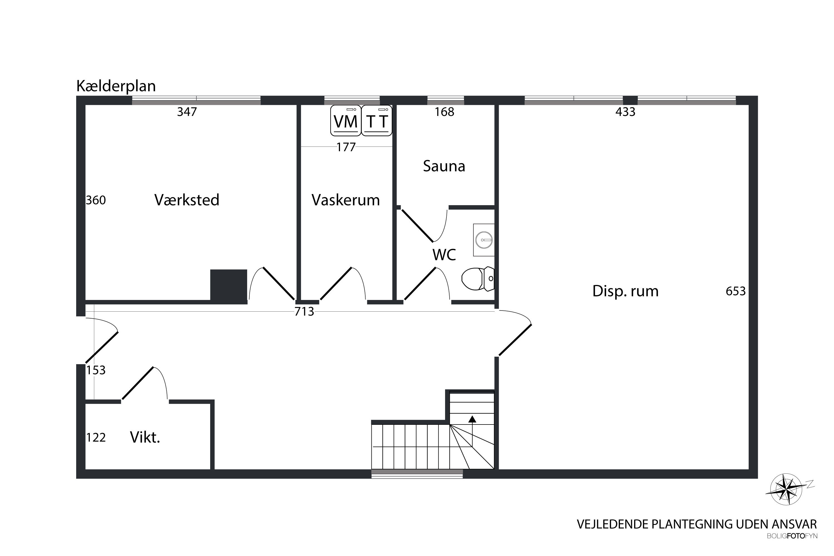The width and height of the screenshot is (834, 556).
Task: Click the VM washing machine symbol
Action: click(x=346, y=121)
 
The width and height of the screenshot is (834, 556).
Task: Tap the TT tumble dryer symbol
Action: click(x=377, y=121)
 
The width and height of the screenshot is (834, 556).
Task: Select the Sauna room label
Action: click(x=444, y=166)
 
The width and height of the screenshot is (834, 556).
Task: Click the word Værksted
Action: click(x=187, y=200)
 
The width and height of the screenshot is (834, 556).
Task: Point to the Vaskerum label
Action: click(x=346, y=200)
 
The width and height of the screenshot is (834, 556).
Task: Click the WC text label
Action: click(x=444, y=255)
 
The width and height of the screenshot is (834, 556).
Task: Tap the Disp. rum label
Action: click(x=625, y=291)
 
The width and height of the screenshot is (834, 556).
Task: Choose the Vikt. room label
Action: click(x=145, y=438)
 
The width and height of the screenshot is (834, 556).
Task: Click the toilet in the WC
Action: click(x=478, y=279)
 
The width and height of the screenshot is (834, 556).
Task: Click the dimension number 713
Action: click(x=304, y=311)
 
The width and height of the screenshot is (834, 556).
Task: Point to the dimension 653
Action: click(x=736, y=291)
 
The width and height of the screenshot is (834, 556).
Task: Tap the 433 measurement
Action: click(x=625, y=112)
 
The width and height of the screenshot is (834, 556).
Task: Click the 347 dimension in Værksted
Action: click(x=187, y=112)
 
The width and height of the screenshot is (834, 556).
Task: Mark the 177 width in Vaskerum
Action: click(x=346, y=147)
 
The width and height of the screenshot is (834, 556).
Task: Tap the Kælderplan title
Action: click(x=116, y=86)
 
